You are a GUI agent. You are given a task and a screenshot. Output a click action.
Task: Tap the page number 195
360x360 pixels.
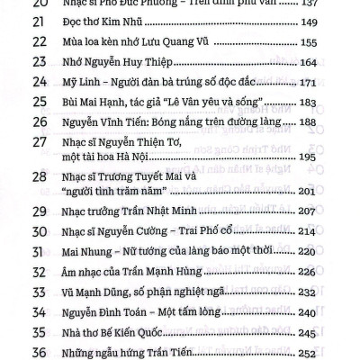(310, 157)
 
